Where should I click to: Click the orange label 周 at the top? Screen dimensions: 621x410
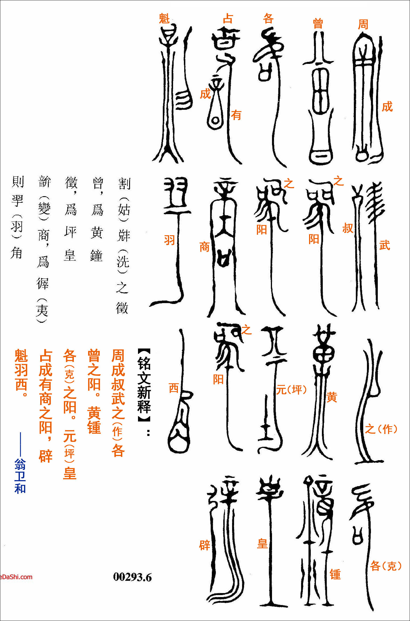(363, 24)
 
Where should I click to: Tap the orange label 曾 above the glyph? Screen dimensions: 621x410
(318, 23)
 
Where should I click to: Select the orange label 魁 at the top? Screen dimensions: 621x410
(164, 19)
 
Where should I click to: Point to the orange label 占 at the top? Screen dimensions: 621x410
(228, 19)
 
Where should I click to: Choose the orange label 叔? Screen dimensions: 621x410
(348, 228)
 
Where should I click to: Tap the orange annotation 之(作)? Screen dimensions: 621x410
(381, 429)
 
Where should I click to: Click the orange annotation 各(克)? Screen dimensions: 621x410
(385, 566)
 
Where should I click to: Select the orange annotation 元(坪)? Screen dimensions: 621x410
(291, 389)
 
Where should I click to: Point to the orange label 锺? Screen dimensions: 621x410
(335, 575)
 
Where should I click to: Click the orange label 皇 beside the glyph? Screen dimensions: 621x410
(262, 544)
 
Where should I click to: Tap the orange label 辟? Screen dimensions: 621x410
(204, 545)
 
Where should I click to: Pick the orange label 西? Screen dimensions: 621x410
(174, 388)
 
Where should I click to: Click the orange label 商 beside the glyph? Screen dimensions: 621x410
(204, 247)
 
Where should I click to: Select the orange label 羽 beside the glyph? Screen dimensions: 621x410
(169, 240)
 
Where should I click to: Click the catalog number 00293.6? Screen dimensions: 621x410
(132, 577)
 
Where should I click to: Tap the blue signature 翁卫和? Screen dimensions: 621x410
(20, 476)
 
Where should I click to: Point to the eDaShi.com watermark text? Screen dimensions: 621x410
(16, 577)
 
